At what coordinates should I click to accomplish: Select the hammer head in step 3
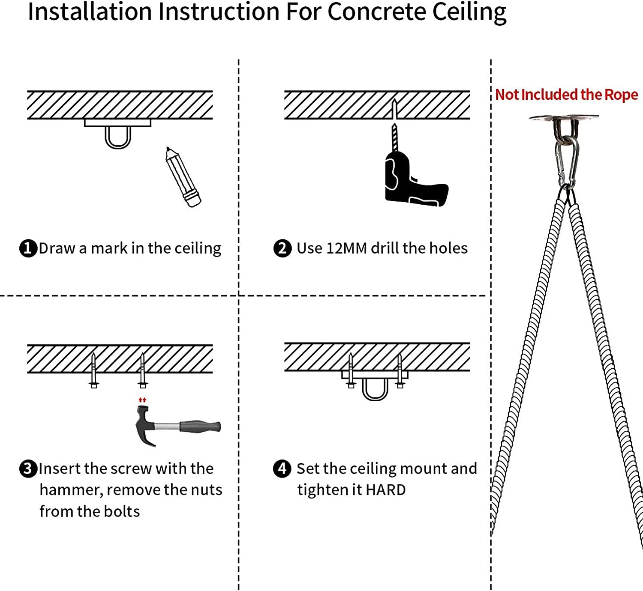pyautogui.click(x=144, y=424)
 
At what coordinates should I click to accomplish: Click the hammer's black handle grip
pyautogui.click(x=200, y=427)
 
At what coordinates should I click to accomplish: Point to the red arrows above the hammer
pyautogui.click(x=142, y=400)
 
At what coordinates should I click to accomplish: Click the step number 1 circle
pyautogui.click(x=28, y=248)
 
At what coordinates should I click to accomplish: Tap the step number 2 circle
pyautogui.click(x=282, y=248)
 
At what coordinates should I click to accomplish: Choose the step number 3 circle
pyautogui.click(x=28, y=469)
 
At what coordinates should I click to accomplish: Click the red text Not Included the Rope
pyautogui.click(x=566, y=95)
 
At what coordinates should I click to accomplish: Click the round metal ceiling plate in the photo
pyautogui.click(x=563, y=118)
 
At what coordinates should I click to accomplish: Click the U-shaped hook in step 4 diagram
pyautogui.click(x=375, y=390)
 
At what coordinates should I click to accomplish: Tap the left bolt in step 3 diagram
pyautogui.click(x=93, y=370)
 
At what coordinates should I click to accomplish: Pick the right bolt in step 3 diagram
pyautogui.click(x=143, y=370)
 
